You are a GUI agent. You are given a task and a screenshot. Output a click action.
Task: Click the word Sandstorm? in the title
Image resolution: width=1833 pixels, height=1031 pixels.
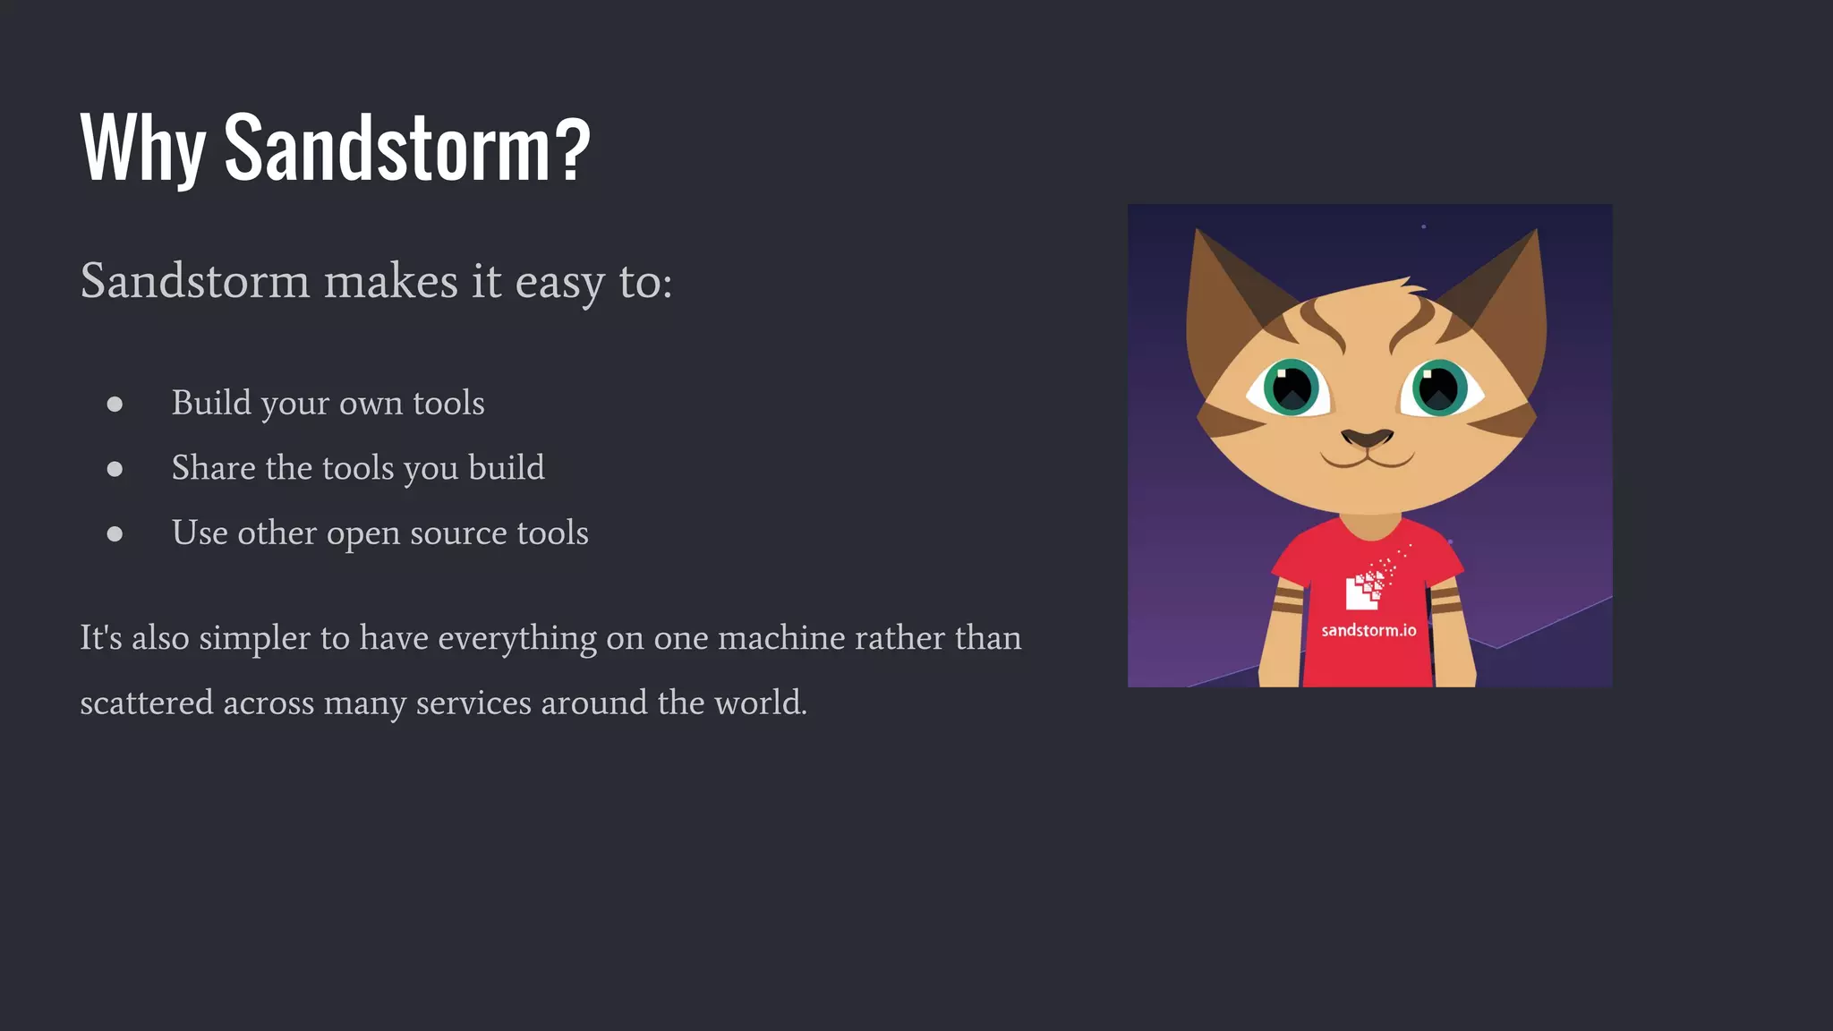pos(407,149)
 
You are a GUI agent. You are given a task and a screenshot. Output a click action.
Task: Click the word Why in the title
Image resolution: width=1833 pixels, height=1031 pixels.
pos(143,149)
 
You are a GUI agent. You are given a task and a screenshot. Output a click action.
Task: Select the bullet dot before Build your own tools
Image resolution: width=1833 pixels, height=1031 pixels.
pos(115,405)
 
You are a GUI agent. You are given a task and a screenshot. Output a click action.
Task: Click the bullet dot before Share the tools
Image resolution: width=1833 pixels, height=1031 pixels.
pos(115,469)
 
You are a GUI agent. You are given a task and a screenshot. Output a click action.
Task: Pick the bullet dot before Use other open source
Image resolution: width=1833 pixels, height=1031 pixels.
pos(115,534)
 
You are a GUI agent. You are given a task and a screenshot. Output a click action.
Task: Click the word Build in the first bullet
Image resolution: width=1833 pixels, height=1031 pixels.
pos(211,403)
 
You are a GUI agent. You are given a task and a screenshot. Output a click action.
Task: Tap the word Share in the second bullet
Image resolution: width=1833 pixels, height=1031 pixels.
pos(213,467)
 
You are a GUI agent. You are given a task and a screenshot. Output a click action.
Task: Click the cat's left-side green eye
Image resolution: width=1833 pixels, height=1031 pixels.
pos(1292,388)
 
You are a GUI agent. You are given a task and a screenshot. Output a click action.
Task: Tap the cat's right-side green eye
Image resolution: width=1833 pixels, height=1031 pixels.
pos(1439,388)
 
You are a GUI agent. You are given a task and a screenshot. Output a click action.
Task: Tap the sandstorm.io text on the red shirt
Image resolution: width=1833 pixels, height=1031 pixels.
pos(1368,631)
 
